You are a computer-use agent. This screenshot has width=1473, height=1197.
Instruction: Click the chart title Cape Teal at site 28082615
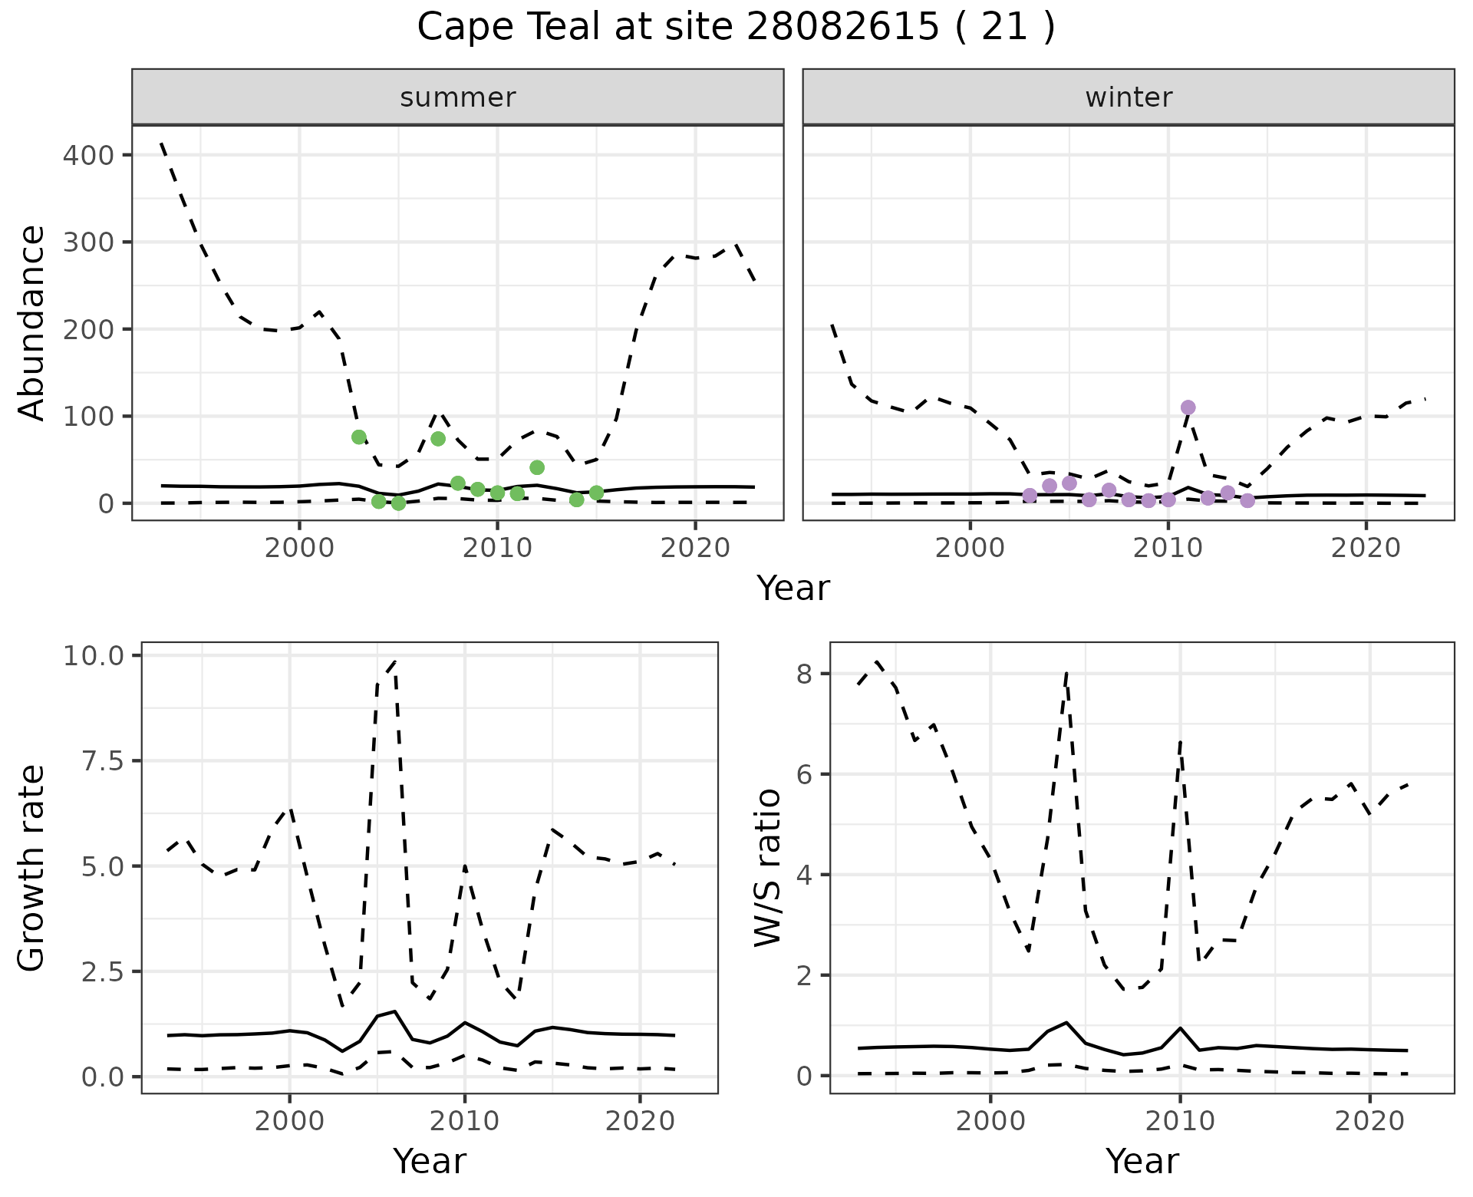(735, 28)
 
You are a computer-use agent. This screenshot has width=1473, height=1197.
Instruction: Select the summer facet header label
(458, 97)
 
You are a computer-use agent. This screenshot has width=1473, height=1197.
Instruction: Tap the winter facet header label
(1129, 97)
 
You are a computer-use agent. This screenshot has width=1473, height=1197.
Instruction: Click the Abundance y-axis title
(31, 323)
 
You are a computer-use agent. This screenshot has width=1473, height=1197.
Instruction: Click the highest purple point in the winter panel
(1188, 407)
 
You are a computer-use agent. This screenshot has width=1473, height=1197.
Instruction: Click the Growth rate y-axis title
(31, 869)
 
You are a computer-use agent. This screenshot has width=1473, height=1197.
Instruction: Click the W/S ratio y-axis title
(768, 868)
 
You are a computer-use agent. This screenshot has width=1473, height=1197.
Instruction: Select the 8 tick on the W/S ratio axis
(805, 674)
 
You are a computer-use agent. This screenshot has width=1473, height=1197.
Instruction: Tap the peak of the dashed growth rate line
(394, 660)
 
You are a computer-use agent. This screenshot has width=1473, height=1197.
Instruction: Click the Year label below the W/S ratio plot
(1142, 1162)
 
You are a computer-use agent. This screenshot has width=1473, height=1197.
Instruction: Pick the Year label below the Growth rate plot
(429, 1162)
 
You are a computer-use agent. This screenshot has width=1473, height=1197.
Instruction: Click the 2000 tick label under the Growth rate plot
(289, 1121)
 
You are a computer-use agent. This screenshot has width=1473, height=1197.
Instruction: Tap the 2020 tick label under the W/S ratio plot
(1369, 1121)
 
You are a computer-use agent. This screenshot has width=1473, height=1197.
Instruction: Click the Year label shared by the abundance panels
(793, 589)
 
